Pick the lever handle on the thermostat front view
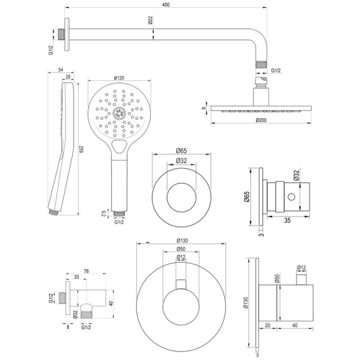coord(181,284)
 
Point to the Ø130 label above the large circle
coord(181,241)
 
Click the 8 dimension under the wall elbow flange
coord(68,326)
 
